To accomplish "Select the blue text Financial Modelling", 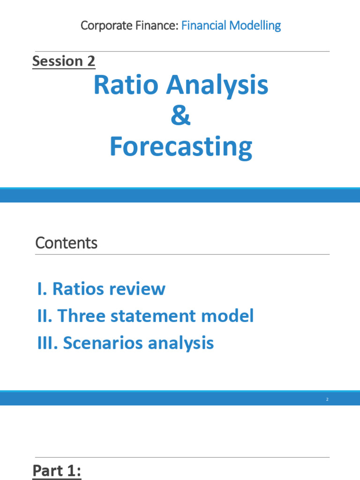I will pos(231,25).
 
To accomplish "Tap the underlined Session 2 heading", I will pos(64,61).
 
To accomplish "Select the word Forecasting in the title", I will pos(180,147).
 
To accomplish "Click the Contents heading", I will pos(66,243).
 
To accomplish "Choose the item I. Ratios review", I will pos(101,289).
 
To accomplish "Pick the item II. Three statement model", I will pos(145,315).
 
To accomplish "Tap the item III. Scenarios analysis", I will pos(126,343).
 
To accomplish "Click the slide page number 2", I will pos(327,399).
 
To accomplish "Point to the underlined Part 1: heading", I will pos(57,471).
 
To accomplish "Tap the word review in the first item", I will pos(141,289).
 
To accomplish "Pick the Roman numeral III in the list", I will pos(46,343).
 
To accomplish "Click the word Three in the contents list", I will pos(81,315).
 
